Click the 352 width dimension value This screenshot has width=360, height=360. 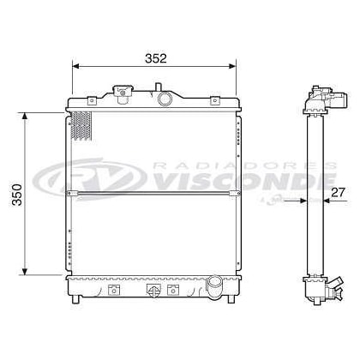click(156, 58)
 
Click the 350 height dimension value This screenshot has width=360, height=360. click(17, 195)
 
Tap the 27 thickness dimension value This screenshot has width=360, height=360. click(338, 192)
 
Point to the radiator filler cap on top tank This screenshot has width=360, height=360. click(123, 94)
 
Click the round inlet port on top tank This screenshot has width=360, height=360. click(165, 99)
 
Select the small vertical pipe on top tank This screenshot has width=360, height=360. click(158, 87)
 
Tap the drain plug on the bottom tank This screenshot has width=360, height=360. click(153, 290)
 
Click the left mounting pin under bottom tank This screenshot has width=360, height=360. click(76, 299)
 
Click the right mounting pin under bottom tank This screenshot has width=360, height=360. click(231, 299)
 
